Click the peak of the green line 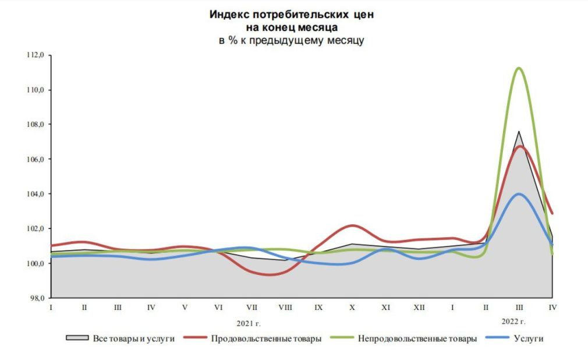point(518,68)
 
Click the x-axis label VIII point(285,307)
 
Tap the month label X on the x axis point(352,307)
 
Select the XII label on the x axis point(419,307)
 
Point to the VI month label point(218,307)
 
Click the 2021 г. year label point(248,322)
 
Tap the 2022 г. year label point(513,321)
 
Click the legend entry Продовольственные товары point(266,338)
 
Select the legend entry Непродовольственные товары point(417,338)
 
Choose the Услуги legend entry point(528,338)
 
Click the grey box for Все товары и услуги point(77,338)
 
